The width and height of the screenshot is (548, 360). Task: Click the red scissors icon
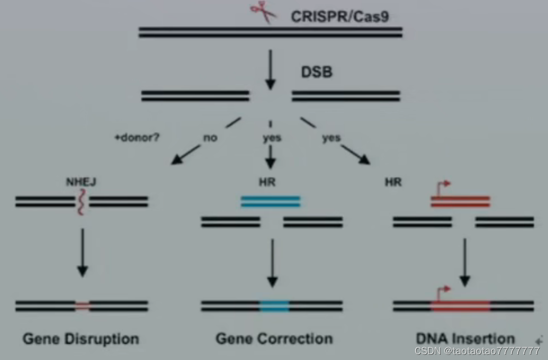264,12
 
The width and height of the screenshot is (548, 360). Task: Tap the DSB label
316,72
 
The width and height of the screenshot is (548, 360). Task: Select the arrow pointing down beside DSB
270,68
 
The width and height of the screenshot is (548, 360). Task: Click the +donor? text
136,138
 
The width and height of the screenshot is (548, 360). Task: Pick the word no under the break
210,138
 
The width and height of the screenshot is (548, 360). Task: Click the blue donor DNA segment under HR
270,202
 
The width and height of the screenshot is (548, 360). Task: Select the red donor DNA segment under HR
460,202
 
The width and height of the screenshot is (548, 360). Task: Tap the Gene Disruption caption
81,339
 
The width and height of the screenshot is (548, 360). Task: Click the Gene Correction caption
274,339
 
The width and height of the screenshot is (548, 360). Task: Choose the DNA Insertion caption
465,338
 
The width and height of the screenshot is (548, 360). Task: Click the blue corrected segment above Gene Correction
274,306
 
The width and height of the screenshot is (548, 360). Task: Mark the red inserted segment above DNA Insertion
460,306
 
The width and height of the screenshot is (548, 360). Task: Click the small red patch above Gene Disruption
82,306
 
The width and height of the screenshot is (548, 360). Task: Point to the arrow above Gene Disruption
82,253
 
